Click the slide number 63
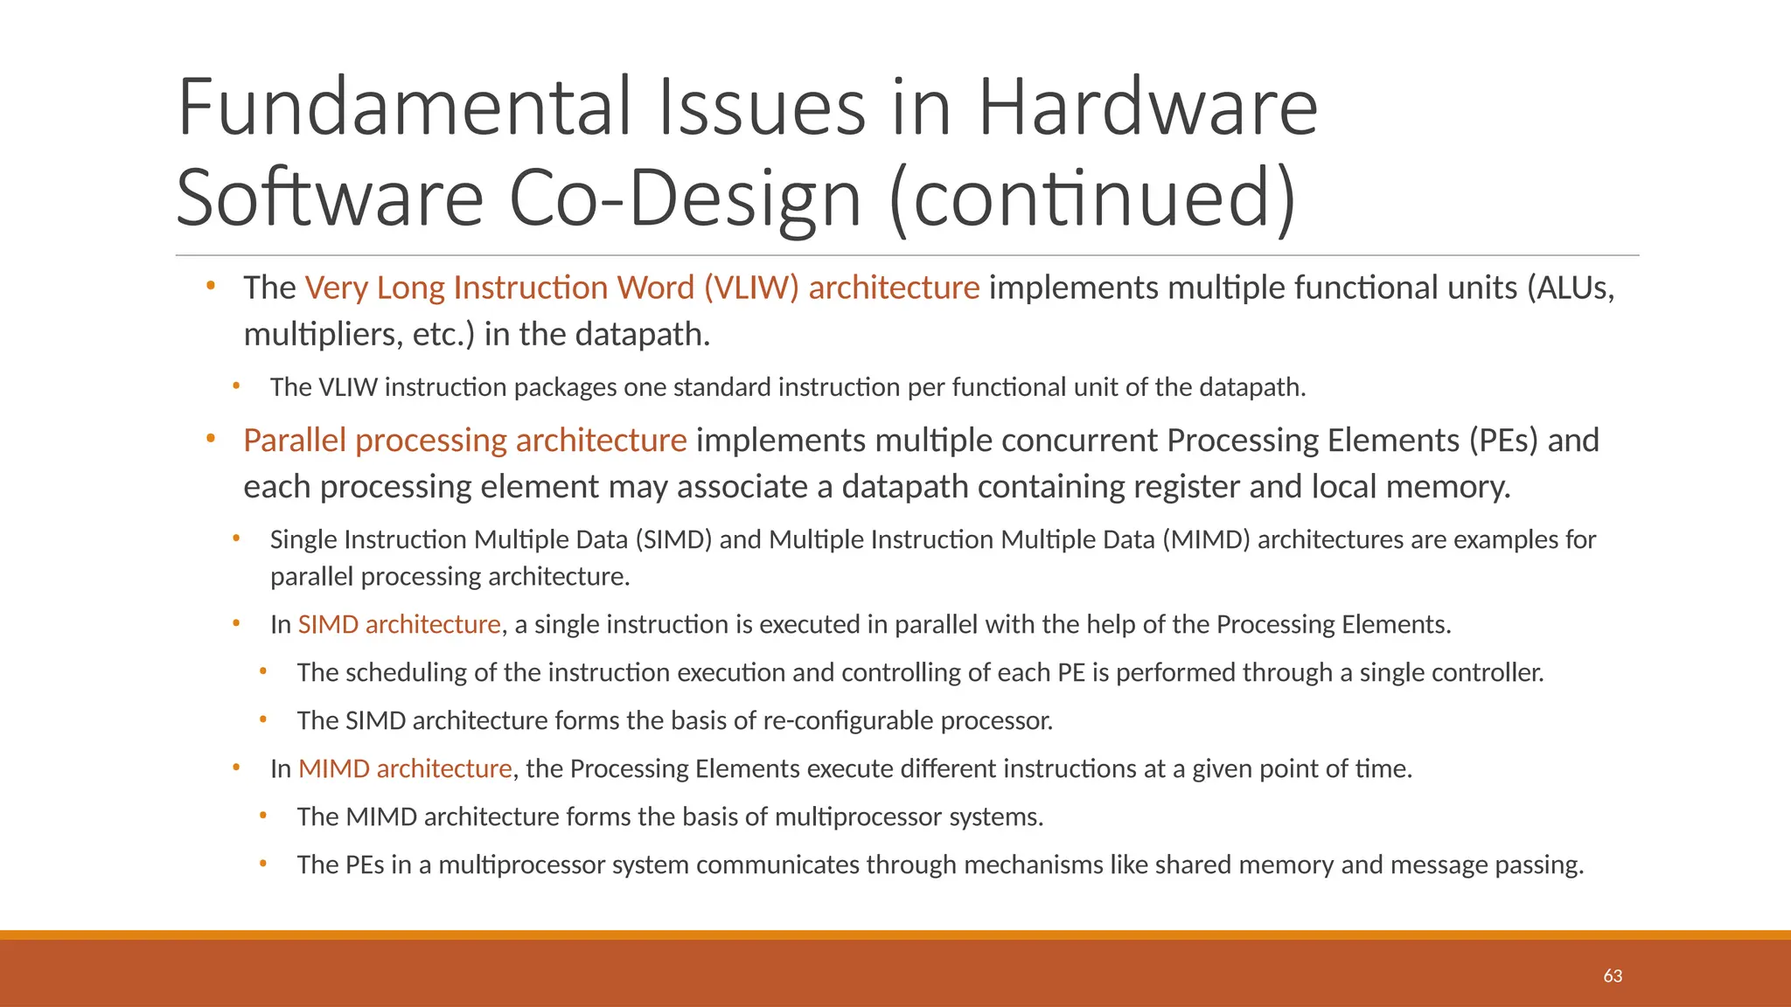pyautogui.click(x=1613, y=976)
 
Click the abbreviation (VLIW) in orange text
pyautogui.click(x=751, y=288)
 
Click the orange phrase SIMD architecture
pyautogui.click(x=399, y=624)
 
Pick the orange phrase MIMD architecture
pyautogui.click(x=405, y=768)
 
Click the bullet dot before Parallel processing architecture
pyautogui.click(x=211, y=438)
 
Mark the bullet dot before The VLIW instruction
pyautogui.click(x=236, y=385)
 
